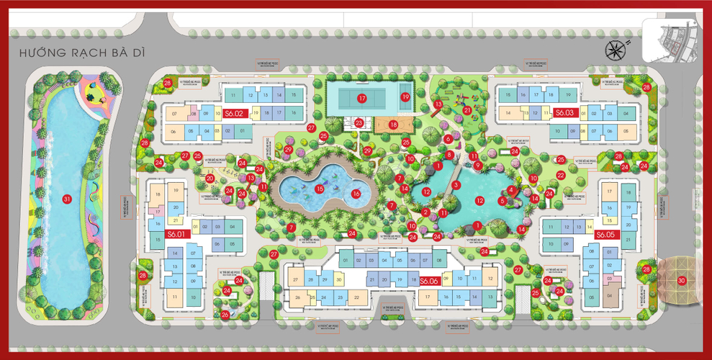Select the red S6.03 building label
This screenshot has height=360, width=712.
pyautogui.click(x=565, y=112)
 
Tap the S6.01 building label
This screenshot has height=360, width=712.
pyautogui.click(x=176, y=233)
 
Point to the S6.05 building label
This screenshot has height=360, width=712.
pyautogui.click(x=604, y=235)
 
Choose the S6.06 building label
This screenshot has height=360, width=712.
pyautogui.click(x=430, y=280)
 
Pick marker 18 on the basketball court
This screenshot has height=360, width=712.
pyautogui.click(x=393, y=125)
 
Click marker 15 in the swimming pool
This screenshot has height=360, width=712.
pyautogui.click(x=320, y=189)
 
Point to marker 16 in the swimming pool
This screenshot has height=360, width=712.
pyautogui.click(x=355, y=193)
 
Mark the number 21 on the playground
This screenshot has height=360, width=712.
pyautogui.click(x=467, y=110)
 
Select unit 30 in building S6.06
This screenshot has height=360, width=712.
pyautogui.click(x=338, y=279)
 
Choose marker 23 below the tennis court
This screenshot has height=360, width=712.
pyautogui.click(x=359, y=123)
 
